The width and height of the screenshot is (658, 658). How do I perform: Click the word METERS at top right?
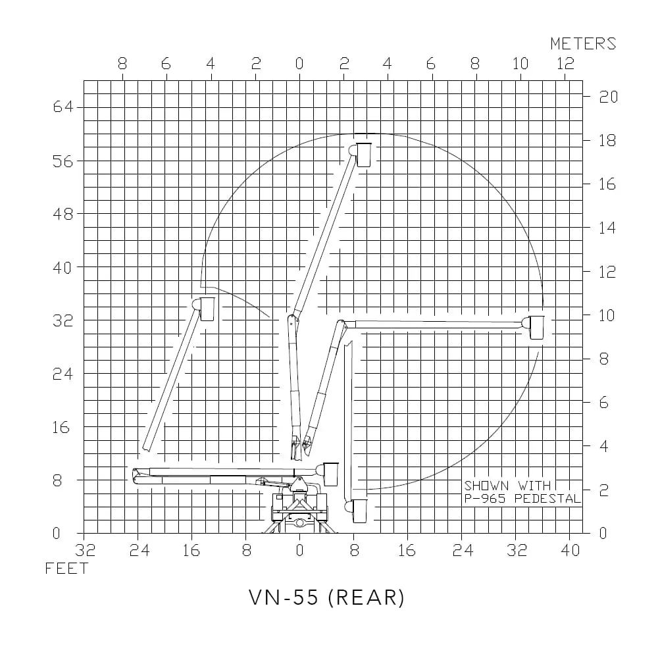coord(583,43)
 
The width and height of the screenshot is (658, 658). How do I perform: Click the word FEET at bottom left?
coord(66,569)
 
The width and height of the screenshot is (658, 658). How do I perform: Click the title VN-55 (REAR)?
coord(326,597)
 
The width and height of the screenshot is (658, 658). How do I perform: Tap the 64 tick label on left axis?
coord(63,107)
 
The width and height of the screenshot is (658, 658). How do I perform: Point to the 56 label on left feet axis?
coord(63,161)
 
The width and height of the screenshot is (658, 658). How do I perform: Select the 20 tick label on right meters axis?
coord(608,97)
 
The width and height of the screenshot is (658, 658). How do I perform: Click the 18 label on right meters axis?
coord(607,141)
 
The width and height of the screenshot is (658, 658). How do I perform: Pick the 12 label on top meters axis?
coord(565,64)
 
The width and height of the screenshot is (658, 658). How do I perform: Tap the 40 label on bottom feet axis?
coord(570,550)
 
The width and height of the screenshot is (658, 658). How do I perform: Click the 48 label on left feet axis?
coord(63,215)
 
